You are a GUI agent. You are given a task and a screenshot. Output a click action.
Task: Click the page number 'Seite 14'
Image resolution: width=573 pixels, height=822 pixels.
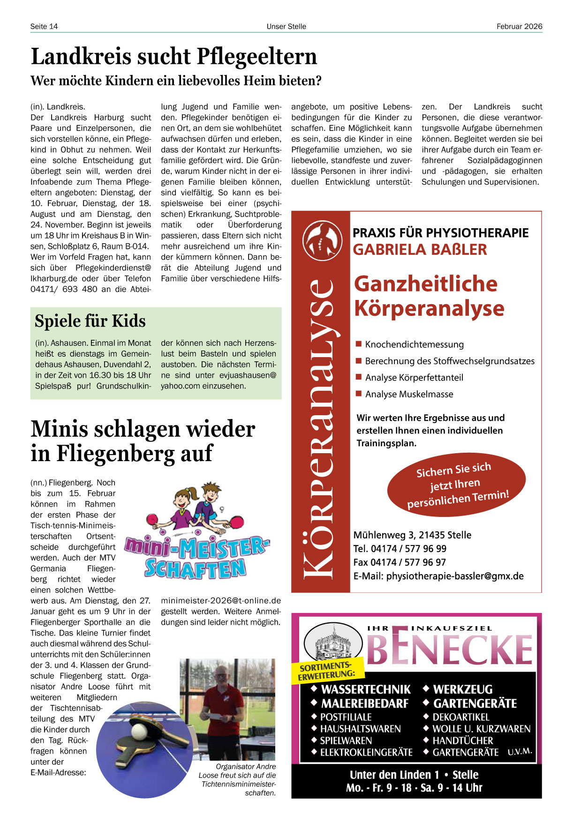coord(44,27)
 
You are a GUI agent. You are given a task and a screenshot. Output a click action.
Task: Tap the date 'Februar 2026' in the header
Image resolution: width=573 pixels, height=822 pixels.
coord(519,27)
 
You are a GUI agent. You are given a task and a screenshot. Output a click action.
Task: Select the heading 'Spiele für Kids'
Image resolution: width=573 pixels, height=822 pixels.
coord(90,321)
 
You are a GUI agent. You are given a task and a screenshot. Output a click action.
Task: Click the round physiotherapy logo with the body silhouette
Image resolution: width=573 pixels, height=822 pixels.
coord(322,241)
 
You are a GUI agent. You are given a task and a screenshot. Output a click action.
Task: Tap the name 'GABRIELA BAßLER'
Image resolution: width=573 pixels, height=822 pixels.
coord(420,250)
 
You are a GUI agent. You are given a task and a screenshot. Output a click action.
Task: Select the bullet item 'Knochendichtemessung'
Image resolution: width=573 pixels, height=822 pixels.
coord(414,345)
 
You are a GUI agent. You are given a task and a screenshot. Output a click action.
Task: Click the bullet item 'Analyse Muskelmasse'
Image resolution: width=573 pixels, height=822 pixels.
coord(409,395)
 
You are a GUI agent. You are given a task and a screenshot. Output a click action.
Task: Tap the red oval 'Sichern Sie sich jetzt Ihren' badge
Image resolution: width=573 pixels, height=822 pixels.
coord(456,483)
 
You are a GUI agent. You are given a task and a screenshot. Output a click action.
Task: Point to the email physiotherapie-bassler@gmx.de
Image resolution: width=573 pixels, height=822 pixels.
coord(454,576)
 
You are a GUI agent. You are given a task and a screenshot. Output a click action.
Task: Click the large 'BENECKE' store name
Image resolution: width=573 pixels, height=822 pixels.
coord(450,650)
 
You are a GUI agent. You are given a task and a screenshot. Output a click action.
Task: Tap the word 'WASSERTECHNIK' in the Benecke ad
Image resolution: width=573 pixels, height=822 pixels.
coord(366,690)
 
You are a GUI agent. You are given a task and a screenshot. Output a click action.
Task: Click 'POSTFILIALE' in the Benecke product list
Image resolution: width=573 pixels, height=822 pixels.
coord(346,717)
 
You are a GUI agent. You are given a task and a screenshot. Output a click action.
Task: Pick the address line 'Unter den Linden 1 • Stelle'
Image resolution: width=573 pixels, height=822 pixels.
coord(414,775)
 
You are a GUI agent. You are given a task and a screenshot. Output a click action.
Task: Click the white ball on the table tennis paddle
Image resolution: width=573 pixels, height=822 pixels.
coord(139,732)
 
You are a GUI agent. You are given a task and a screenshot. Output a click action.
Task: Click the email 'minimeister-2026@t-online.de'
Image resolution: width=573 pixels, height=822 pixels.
coord(221,601)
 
